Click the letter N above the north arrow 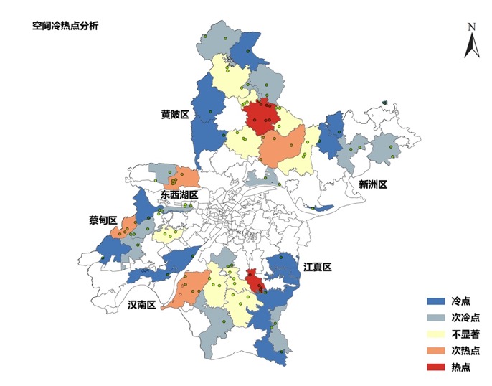[x=472, y=27]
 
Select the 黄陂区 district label [x=174, y=114]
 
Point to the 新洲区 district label [x=373, y=184]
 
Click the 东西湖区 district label [x=179, y=195]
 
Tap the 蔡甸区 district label [x=103, y=220]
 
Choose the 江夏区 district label [x=317, y=267]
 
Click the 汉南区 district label [x=142, y=304]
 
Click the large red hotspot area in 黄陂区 [x=260, y=118]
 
